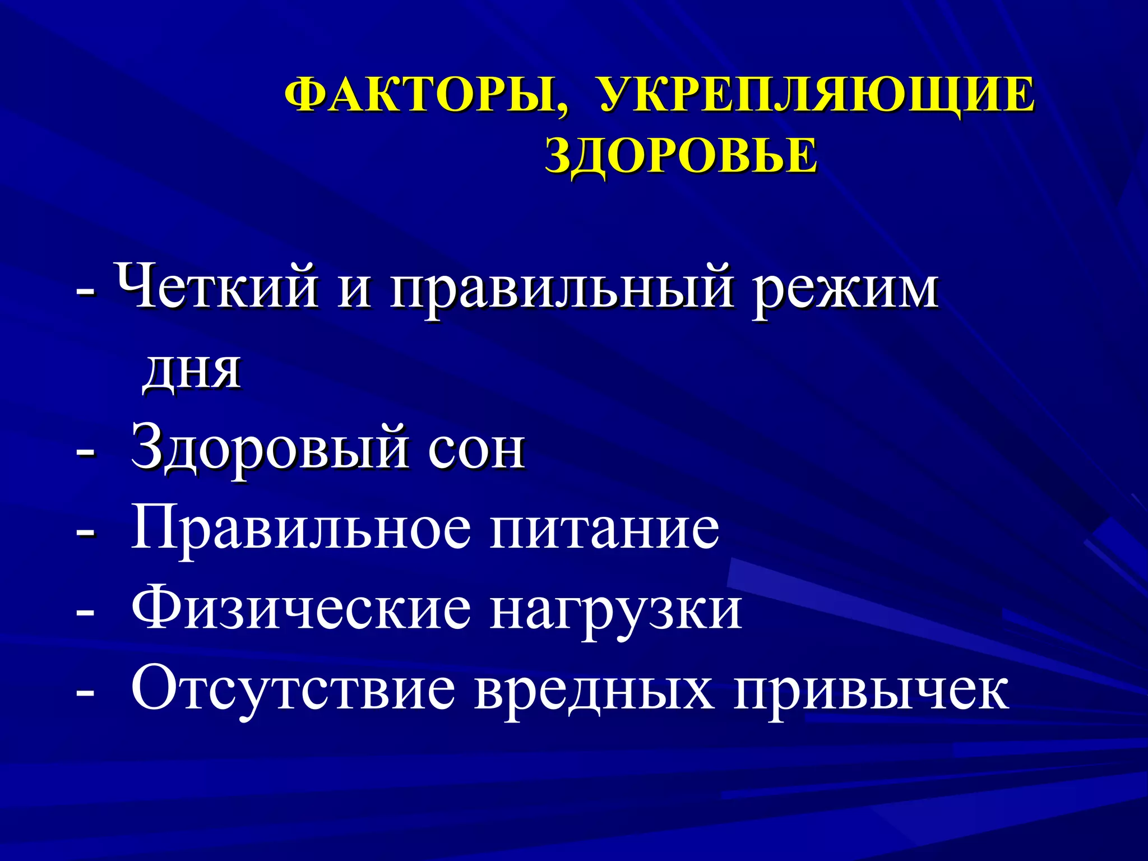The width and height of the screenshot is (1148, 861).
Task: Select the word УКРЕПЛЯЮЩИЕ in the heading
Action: coord(817,95)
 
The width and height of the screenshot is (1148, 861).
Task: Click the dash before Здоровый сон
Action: coord(85,453)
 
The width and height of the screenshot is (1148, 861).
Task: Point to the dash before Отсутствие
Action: coord(85,693)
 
